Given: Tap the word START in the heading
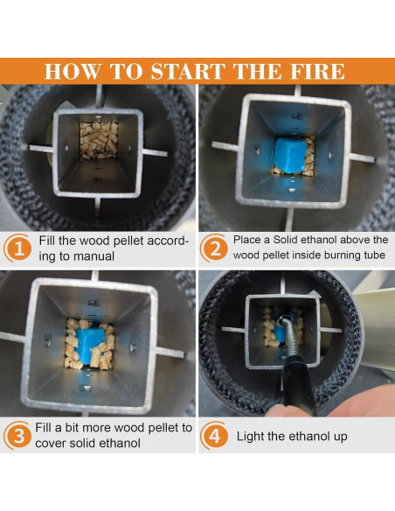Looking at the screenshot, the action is (x=188, y=71).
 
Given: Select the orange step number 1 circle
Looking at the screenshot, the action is (x=17, y=248).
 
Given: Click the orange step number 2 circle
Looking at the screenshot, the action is (x=214, y=248).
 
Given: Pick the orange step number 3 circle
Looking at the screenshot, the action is (x=17, y=436).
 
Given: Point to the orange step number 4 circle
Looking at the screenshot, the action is (x=214, y=436).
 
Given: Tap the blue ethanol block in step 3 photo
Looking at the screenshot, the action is (x=91, y=346).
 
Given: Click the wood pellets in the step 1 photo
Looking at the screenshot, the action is (x=99, y=141).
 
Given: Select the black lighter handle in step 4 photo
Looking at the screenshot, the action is (x=299, y=388).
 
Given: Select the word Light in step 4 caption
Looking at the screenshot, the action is (x=251, y=436).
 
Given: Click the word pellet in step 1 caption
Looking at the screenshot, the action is (x=128, y=241).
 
